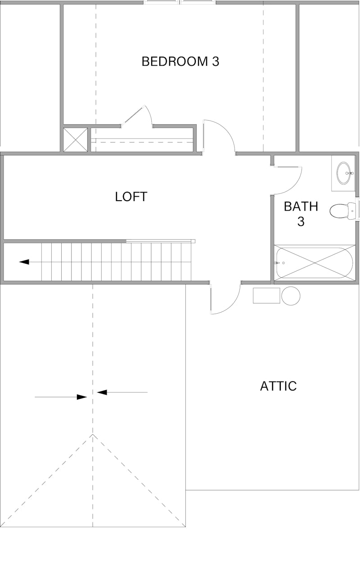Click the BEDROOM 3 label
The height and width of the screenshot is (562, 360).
click(x=180, y=61)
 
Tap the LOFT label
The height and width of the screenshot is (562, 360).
click(x=131, y=197)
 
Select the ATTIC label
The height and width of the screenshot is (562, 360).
click(x=278, y=386)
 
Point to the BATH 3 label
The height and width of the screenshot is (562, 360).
click(x=301, y=214)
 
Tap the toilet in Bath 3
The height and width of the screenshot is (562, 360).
click(x=341, y=210)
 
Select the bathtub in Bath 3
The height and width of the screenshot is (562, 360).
click(x=315, y=263)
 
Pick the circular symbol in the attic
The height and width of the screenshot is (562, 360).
click(x=291, y=296)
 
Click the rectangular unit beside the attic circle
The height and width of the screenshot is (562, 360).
click(x=266, y=296)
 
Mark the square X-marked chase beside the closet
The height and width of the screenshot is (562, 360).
click(x=75, y=140)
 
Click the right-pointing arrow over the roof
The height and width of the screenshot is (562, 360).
click(x=81, y=397)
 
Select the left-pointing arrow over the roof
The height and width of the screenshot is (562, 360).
click(x=103, y=392)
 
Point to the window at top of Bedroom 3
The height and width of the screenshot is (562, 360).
click(x=180, y=2)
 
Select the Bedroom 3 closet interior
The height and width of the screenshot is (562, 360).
click(x=142, y=140)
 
